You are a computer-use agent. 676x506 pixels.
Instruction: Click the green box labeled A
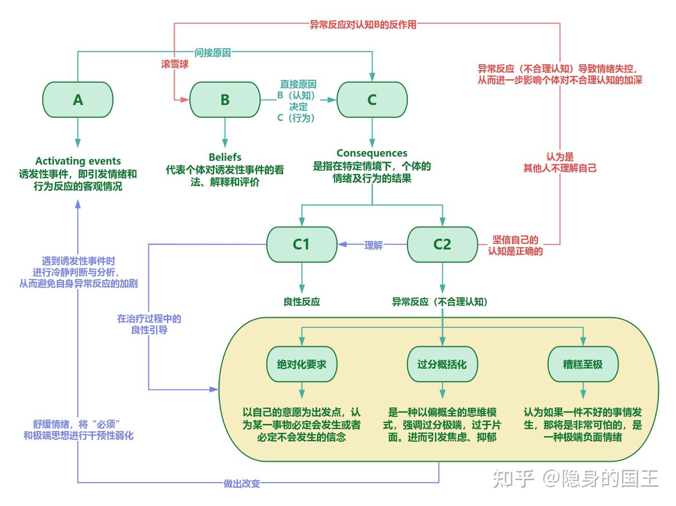point(78,100)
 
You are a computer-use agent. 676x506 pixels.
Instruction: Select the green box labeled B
point(225,100)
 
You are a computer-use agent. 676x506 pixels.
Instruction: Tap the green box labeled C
point(372,100)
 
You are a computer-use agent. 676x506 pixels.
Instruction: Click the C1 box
point(301,244)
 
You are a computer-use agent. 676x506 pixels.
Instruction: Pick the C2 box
point(442,244)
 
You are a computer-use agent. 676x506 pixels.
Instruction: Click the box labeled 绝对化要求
point(301,364)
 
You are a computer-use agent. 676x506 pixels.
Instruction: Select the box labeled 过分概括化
point(442,364)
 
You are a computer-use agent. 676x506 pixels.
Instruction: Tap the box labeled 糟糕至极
point(583,364)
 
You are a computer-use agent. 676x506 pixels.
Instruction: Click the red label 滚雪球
point(175,64)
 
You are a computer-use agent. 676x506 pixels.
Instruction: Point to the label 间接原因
point(213,53)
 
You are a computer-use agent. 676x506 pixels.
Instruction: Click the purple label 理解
point(374,245)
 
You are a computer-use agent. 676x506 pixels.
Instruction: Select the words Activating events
point(78,161)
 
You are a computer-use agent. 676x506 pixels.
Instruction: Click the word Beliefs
point(225,157)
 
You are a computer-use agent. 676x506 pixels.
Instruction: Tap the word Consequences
point(372,153)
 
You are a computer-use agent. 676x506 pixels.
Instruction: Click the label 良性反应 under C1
point(301,302)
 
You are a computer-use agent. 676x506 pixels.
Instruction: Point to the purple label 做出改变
point(242,483)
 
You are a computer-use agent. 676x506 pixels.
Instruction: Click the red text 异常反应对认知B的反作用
point(363,24)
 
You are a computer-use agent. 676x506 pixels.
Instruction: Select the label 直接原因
point(298,84)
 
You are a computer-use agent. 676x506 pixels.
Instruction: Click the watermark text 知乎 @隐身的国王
point(576,478)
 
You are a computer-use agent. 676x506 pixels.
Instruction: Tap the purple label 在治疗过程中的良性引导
point(149,324)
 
